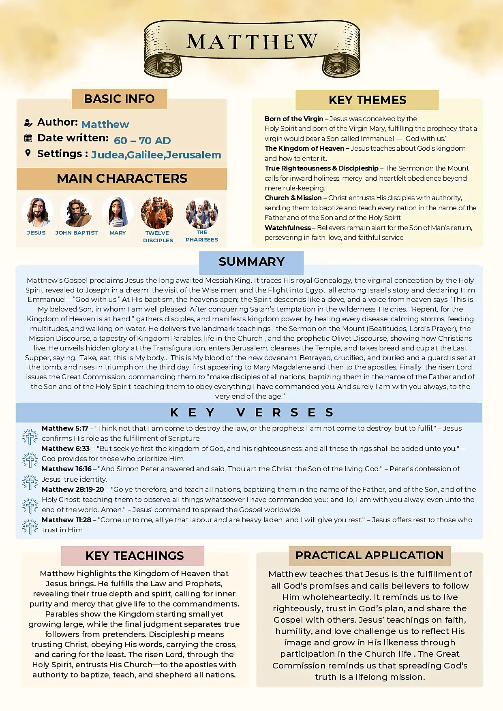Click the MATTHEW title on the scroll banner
pyautogui.click(x=252, y=42)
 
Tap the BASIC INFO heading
pyautogui.click(x=119, y=99)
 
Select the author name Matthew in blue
pyautogui.click(x=105, y=124)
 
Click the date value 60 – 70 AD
pyautogui.click(x=142, y=141)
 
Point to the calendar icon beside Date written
pyautogui.click(x=28, y=138)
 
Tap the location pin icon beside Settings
pyautogui.click(x=28, y=153)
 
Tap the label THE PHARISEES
pyautogui.click(x=202, y=236)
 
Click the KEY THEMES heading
pyautogui.click(x=367, y=100)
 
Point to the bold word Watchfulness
pyautogui.click(x=288, y=228)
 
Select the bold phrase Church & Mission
pyautogui.click(x=293, y=198)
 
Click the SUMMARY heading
pyautogui.click(x=251, y=262)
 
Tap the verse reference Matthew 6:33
pyautogui.click(x=66, y=448)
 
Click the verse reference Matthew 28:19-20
pyautogui.click(x=73, y=489)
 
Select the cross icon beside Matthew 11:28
pyautogui.click(x=30, y=526)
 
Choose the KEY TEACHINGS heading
pyautogui.click(x=135, y=556)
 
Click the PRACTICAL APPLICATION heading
pyautogui.click(x=369, y=555)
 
